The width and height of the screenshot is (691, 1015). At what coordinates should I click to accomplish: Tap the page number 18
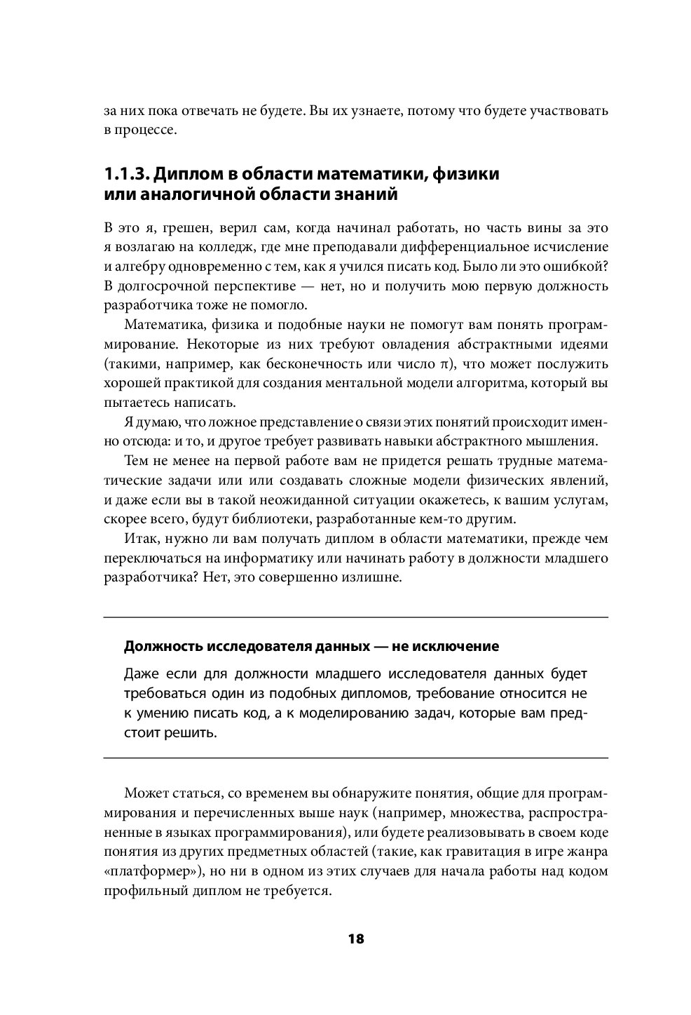[355, 939]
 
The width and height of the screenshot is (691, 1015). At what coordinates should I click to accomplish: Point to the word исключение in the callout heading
[455, 646]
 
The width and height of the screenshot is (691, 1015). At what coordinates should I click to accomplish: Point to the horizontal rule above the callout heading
[355, 617]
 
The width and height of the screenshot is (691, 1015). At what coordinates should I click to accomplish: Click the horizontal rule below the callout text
[355, 758]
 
